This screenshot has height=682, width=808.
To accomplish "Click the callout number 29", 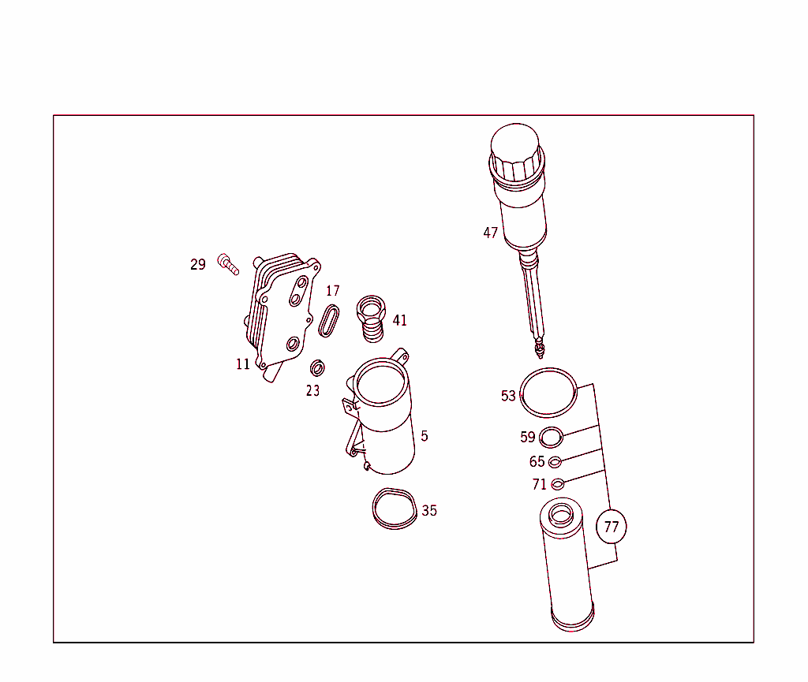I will point(197,265).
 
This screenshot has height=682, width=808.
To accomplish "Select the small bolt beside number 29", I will point(228,264).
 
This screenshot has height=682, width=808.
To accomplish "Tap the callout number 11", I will point(242,364).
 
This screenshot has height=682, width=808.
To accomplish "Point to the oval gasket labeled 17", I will point(330,321).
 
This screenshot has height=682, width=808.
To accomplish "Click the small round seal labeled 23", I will point(318,368).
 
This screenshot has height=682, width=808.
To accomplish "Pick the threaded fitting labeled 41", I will point(370,317).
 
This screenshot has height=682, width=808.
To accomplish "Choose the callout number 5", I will point(425,436).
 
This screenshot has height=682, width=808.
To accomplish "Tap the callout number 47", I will point(491,233).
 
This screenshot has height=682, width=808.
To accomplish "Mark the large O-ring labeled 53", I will point(549,392).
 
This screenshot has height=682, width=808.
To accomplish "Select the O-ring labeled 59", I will point(552,437).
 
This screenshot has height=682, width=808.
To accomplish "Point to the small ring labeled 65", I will point(555,462).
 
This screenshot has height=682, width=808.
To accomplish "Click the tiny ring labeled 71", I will point(557,484).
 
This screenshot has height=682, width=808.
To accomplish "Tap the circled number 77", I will point(612,527).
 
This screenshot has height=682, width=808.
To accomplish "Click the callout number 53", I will point(508,396).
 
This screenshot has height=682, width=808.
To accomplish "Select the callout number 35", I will point(429,511).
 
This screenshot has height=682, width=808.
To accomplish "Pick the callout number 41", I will point(400,320).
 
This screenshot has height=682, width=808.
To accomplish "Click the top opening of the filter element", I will point(560,516).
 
